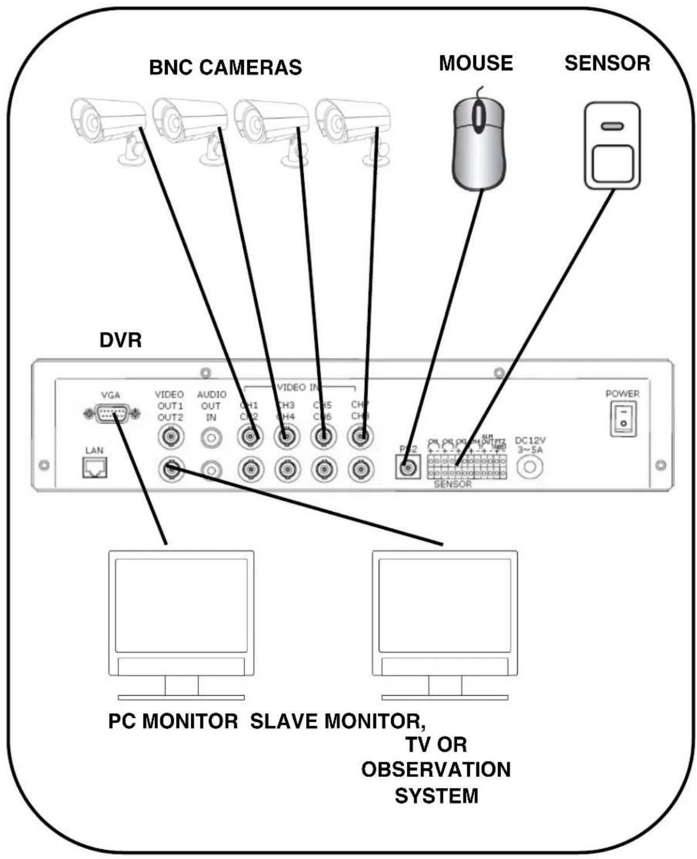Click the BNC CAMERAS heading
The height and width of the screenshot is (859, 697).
225,67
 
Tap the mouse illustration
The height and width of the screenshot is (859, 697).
479,144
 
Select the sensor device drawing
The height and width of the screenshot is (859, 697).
612,145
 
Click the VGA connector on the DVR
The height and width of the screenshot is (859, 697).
111,414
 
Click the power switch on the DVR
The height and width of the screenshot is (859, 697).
623,419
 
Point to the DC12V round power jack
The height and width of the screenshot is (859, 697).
529,467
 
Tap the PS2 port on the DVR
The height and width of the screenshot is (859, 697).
408,466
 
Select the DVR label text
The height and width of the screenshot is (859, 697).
120,340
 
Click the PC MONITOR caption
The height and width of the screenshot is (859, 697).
173,721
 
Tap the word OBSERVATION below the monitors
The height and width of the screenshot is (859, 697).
436,770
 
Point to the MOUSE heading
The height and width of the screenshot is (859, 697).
476,63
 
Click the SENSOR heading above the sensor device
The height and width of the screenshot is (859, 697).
607,63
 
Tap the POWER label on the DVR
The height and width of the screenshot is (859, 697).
622,393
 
